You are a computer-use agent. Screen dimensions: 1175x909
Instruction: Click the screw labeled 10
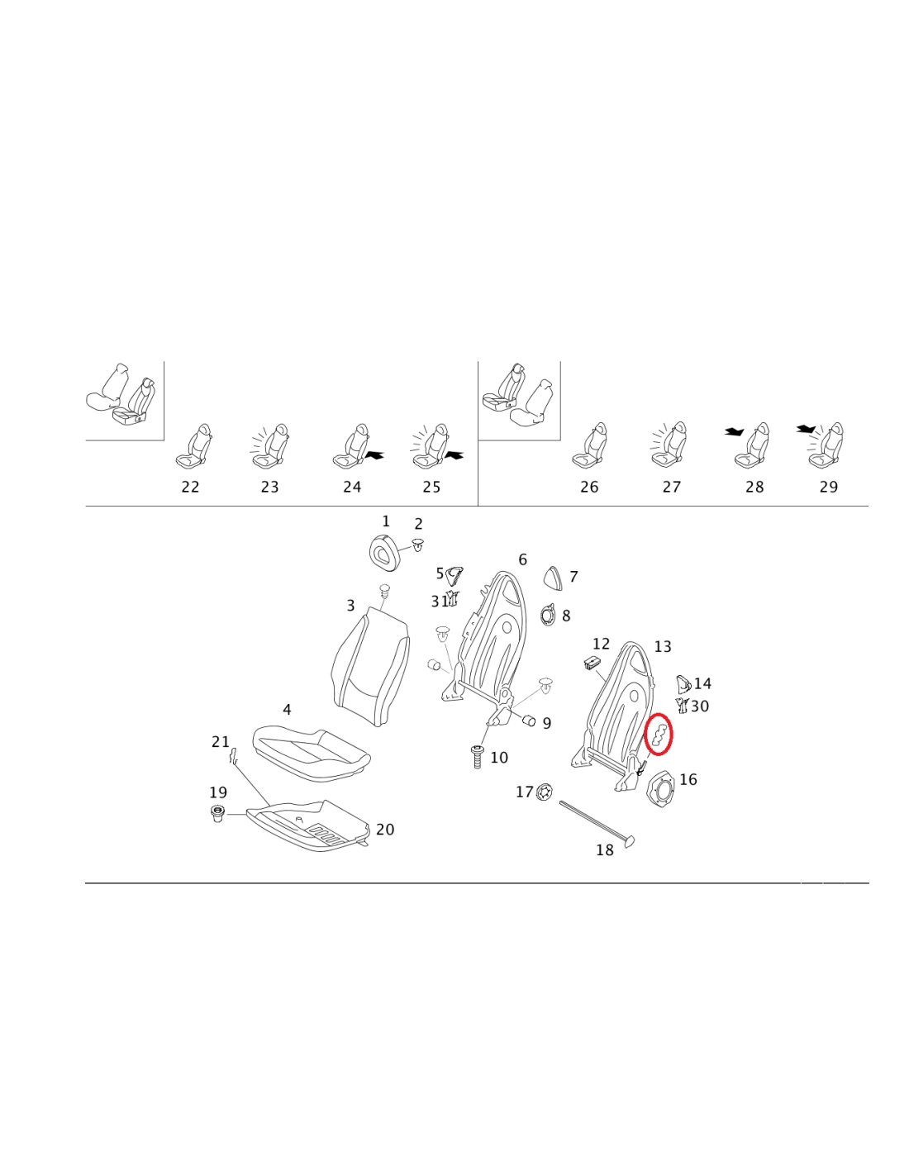pyautogui.click(x=477, y=756)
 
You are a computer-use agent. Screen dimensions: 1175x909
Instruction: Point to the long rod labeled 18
pyautogui.click(x=595, y=823)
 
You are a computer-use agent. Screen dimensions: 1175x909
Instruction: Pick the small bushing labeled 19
pyautogui.click(x=218, y=815)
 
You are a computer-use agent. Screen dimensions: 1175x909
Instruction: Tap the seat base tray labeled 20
pyautogui.click(x=310, y=825)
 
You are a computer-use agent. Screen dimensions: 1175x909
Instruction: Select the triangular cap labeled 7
pyautogui.click(x=553, y=578)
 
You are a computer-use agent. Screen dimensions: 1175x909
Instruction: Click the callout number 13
pyautogui.click(x=663, y=647)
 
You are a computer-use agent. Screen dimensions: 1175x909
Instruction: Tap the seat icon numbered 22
pyautogui.click(x=194, y=450)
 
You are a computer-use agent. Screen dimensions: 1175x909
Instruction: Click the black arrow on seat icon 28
pyautogui.click(x=734, y=431)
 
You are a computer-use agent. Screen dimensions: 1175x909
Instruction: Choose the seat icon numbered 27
pyautogui.click(x=669, y=450)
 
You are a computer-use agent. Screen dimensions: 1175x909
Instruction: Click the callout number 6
pyautogui.click(x=522, y=560)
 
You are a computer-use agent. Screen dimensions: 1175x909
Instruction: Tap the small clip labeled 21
pyautogui.click(x=234, y=755)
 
